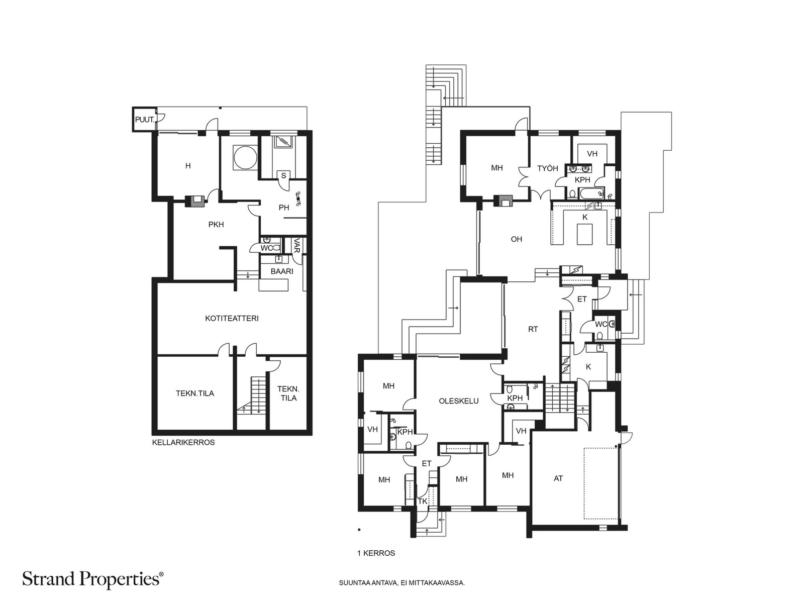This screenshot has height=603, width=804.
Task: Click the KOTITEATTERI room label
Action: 232,319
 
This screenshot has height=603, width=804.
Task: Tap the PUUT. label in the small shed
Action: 145,120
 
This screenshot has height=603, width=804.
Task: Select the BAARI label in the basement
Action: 282,271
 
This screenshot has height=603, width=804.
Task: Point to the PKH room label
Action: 216,225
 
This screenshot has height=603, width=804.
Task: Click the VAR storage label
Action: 296,246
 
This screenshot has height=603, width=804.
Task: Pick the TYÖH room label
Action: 548,168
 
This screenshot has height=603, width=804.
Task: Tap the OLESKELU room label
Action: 459,401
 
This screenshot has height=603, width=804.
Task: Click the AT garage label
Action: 558,478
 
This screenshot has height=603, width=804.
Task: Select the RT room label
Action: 533,329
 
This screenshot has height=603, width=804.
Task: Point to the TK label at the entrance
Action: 423,501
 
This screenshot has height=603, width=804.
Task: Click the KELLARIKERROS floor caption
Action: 183,442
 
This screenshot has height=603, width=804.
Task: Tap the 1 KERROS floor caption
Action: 376,553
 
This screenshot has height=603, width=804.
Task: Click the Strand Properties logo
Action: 93,579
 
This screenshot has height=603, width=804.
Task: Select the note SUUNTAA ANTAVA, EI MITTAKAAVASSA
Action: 402,583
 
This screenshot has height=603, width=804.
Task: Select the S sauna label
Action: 283,176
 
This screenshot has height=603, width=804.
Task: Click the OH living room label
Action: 517,239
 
